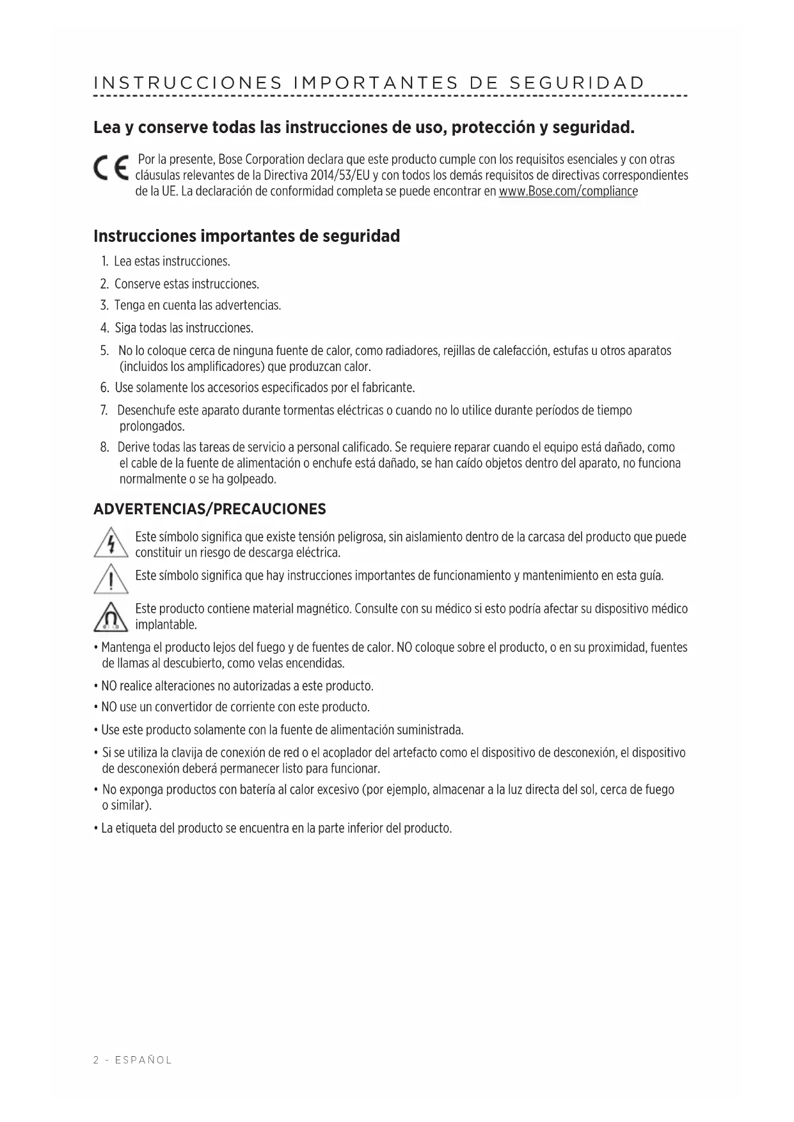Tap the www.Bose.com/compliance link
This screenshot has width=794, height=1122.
568,191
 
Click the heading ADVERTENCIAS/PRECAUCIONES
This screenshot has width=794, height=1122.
209,509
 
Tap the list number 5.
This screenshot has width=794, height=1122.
104,351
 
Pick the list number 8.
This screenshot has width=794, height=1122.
104,447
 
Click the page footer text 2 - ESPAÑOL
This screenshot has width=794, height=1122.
132,1060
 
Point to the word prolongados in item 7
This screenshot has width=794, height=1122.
152,427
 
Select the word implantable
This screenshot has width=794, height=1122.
165,624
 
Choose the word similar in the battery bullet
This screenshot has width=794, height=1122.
130,805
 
